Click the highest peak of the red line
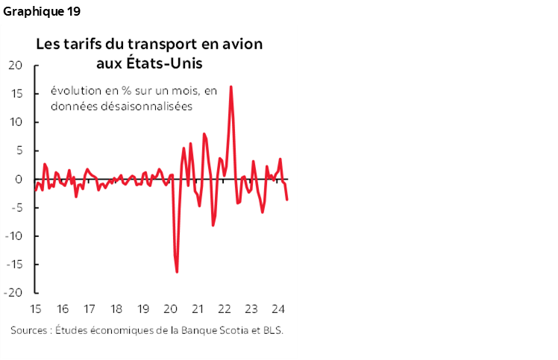click(231, 86)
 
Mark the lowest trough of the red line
click(177, 272)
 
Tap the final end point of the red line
click(287, 199)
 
